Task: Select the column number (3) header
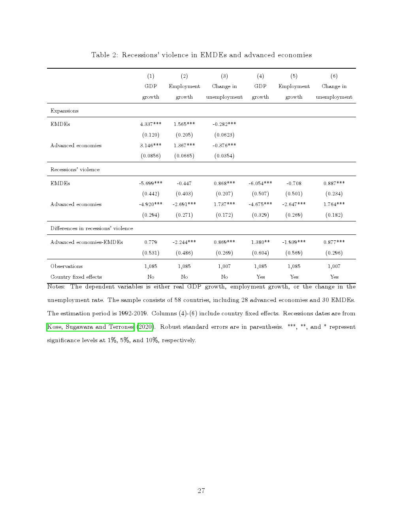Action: [x=224, y=76]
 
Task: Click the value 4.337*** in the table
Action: [x=151, y=124]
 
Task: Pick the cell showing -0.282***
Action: [x=224, y=124]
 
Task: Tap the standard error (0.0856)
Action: [x=151, y=156]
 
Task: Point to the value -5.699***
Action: [x=151, y=183]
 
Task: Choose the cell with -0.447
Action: [x=184, y=183]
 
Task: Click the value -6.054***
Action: [x=260, y=183]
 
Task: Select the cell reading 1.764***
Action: [x=334, y=204]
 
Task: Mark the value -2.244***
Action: [x=184, y=242]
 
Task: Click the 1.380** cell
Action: [x=260, y=242]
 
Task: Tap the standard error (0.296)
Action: [x=334, y=253]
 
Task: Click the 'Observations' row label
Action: [x=66, y=266]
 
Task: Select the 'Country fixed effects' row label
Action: [x=76, y=277]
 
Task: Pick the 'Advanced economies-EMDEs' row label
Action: [x=87, y=242]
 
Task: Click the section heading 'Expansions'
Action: [x=64, y=111]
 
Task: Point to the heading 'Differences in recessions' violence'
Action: [x=92, y=228]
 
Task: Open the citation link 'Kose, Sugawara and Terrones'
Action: [x=90, y=327]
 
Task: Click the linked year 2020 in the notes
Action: [x=145, y=327]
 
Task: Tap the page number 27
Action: [x=201, y=491]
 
